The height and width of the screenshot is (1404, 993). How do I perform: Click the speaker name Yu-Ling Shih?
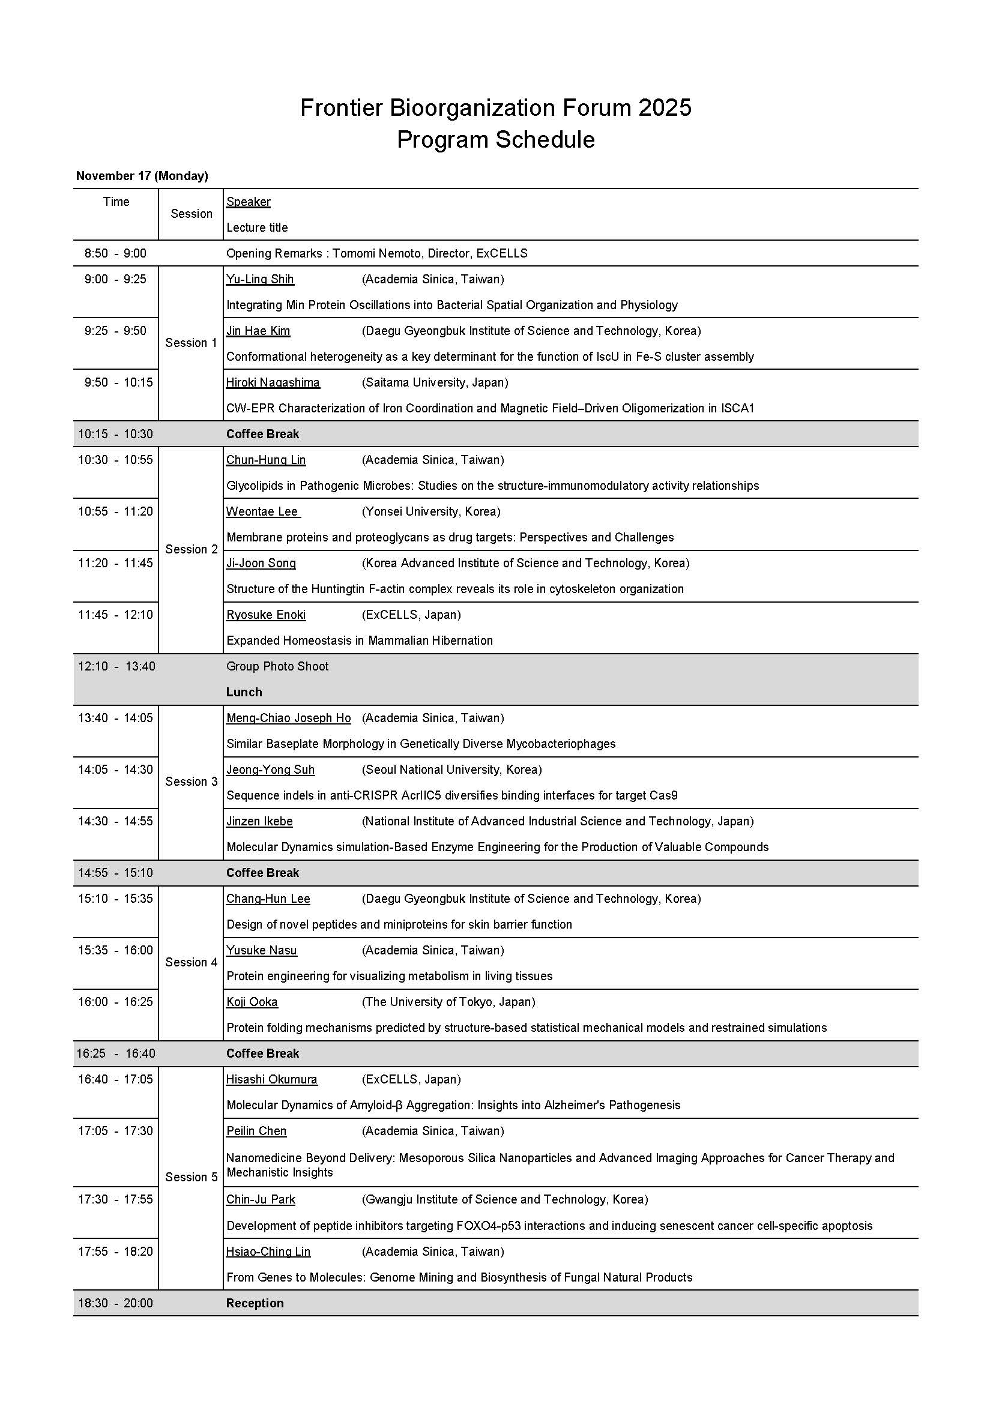click(x=260, y=280)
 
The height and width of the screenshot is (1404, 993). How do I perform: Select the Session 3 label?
click(x=192, y=782)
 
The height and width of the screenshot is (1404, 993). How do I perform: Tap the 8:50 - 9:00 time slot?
click(x=115, y=253)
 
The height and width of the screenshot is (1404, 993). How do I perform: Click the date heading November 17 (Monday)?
click(x=142, y=176)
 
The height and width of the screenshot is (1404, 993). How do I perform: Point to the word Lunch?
click(x=244, y=692)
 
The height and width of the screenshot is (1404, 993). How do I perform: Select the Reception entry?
click(x=255, y=1303)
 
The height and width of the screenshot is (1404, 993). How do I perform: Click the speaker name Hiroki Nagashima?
click(x=273, y=383)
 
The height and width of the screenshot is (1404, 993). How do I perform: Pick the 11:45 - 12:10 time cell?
click(x=115, y=615)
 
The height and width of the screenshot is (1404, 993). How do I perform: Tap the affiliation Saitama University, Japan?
click(x=435, y=383)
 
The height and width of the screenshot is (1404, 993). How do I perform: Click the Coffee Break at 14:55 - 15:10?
click(x=262, y=873)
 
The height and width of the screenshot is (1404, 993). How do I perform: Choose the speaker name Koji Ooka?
click(x=252, y=1002)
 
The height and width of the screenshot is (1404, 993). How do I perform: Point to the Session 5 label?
click(x=192, y=1177)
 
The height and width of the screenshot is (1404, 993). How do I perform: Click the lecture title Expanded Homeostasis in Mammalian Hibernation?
click(x=360, y=641)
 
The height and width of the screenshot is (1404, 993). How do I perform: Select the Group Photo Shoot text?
click(x=277, y=666)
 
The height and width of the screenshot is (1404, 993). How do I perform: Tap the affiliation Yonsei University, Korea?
click(x=431, y=512)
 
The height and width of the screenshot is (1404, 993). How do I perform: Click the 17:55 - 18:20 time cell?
click(x=115, y=1252)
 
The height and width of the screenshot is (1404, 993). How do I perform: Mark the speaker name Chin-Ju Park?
click(x=261, y=1200)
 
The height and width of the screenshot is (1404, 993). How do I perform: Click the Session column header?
click(x=192, y=214)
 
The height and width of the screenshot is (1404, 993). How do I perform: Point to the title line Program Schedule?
click(x=496, y=140)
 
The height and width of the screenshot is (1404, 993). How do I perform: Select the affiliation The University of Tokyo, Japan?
click(x=448, y=1002)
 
